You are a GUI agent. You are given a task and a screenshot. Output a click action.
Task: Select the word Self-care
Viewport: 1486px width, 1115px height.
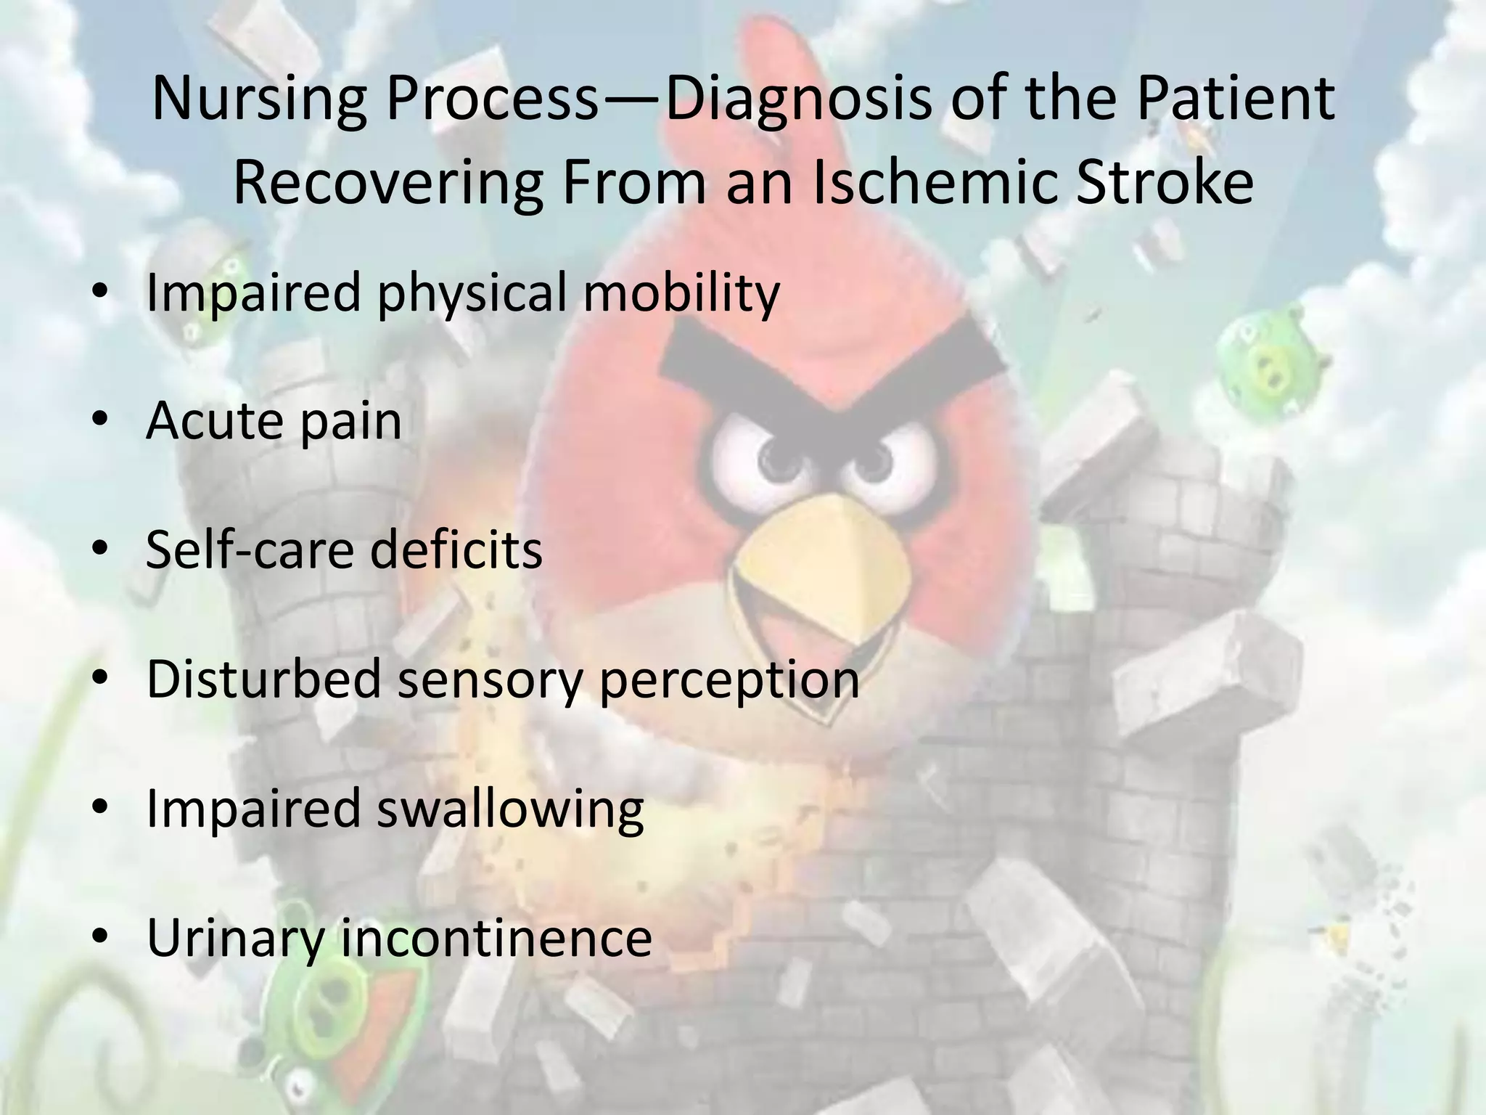point(247,550)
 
